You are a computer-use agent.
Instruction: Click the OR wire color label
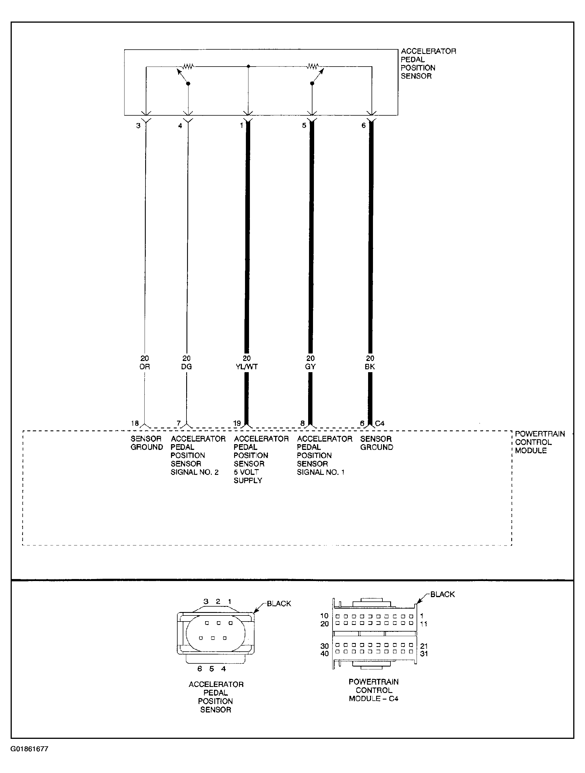coord(145,367)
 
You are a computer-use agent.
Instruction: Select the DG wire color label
coord(186,367)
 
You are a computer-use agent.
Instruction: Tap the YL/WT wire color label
coord(247,367)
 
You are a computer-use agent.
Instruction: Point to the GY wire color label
coord(310,367)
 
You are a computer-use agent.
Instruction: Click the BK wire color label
coord(370,367)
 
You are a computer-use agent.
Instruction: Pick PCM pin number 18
coord(135,423)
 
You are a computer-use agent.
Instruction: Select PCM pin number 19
coord(237,423)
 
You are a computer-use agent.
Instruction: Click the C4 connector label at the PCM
coord(380,423)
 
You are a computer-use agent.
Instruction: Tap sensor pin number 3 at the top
coord(138,125)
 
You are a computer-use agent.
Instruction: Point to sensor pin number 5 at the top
coord(304,125)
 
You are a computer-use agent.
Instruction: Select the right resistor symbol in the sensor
coord(313,66)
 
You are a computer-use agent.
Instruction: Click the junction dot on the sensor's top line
coord(248,66)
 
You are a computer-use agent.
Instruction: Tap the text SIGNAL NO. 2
coord(195,472)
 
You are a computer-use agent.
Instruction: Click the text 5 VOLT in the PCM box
coord(246,472)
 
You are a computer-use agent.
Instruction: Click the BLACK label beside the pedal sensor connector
coord(279,603)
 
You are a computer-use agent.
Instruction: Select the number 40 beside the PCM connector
coord(325,653)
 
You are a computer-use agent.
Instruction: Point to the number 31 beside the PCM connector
coord(424,653)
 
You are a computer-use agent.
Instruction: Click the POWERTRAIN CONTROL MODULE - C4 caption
coord(374,690)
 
